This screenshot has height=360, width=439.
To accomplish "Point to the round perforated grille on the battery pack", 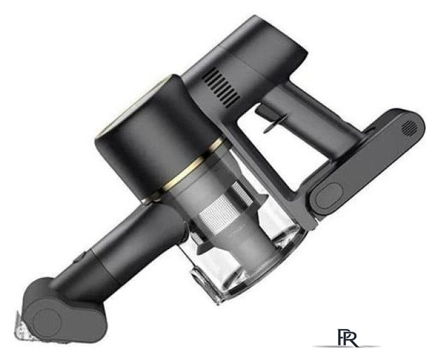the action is [x=409, y=128].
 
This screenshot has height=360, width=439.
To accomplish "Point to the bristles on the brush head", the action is [x=23, y=328].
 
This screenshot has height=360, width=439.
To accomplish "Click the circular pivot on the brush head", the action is [x=47, y=321].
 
